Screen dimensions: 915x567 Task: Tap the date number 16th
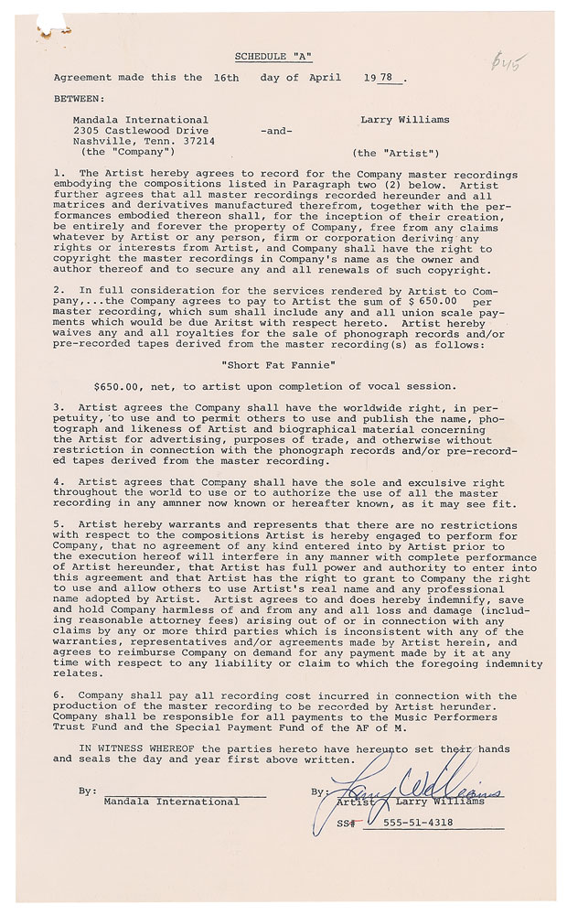(222, 78)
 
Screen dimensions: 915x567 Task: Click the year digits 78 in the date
(388, 78)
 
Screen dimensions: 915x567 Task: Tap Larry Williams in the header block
(396, 120)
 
